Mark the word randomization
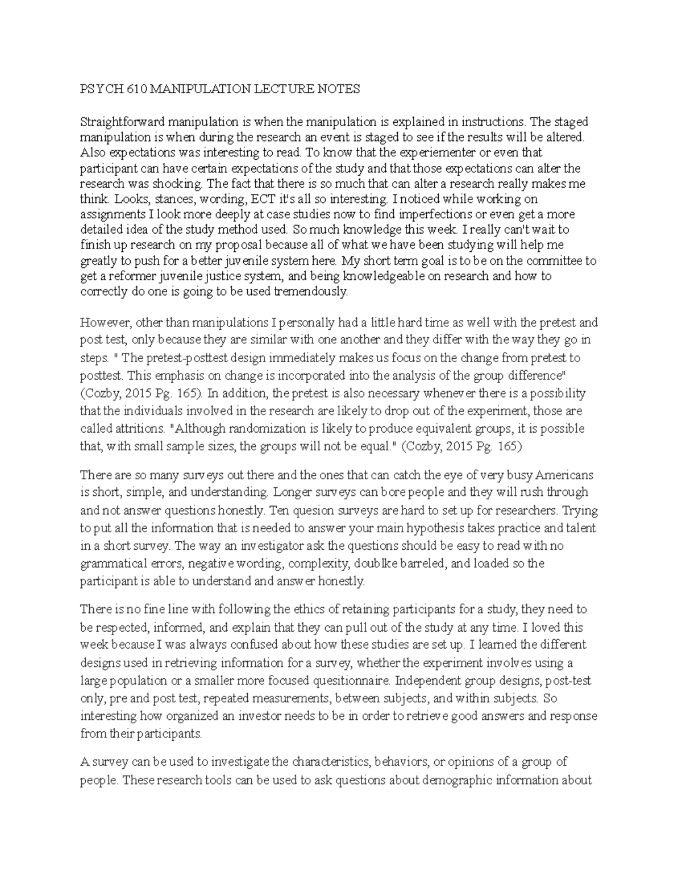coord(275,428)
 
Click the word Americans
coord(562,475)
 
